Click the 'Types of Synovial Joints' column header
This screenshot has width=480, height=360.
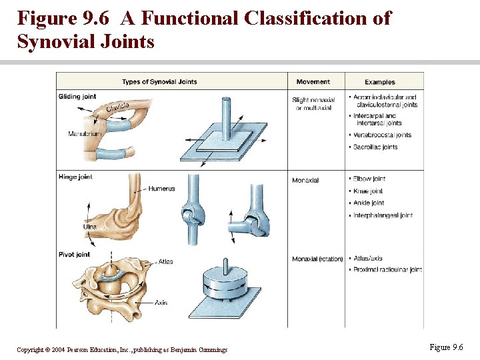[159, 82]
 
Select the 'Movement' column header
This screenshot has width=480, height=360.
[313, 82]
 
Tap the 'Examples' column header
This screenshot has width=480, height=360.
[380, 82]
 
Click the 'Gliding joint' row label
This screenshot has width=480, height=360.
[77, 97]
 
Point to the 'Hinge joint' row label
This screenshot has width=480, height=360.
[75, 177]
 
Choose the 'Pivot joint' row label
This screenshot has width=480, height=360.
[74, 255]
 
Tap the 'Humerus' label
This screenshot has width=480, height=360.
[161, 189]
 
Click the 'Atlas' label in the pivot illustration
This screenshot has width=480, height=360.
[165, 261]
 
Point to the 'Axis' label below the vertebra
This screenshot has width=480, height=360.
[161, 303]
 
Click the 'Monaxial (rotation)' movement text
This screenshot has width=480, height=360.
[317, 259]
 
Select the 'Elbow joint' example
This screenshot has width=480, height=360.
[369, 179]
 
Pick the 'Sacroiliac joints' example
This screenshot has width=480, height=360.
[377, 147]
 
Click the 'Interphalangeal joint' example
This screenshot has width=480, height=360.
[383, 215]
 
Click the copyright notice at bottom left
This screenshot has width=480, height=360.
[122, 350]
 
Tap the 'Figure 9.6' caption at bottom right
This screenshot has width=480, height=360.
[446, 347]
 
